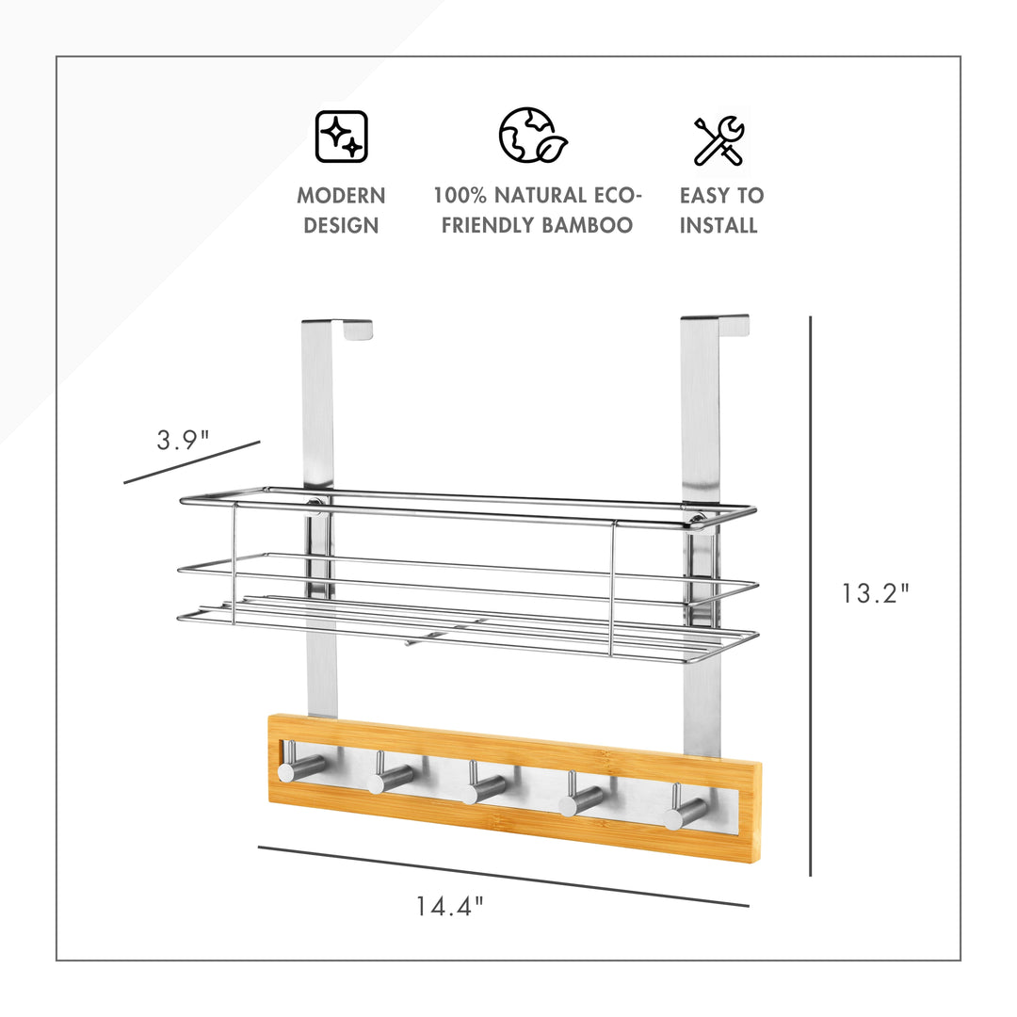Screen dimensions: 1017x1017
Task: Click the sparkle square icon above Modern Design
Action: pyautogui.click(x=341, y=137)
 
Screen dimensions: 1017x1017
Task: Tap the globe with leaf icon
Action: pyautogui.click(x=533, y=135)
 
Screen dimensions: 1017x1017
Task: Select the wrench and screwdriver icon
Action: pyautogui.click(x=719, y=140)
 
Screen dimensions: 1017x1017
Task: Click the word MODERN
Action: pyautogui.click(x=341, y=195)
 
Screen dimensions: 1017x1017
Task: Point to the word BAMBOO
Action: pyautogui.click(x=587, y=225)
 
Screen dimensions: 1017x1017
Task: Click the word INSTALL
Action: pyautogui.click(x=718, y=225)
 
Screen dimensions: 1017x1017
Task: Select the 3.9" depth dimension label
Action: pyautogui.click(x=183, y=440)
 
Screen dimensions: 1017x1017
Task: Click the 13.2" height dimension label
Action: pyautogui.click(x=876, y=593)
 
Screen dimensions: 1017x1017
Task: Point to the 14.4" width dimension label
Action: pyautogui.click(x=449, y=906)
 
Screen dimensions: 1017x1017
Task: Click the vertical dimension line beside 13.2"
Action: pyautogui.click(x=811, y=596)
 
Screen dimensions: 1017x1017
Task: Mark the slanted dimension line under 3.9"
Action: pyautogui.click(x=192, y=462)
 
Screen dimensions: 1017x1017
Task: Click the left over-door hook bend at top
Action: pyautogui.click(x=337, y=329)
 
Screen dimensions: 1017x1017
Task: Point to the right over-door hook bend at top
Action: pyautogui.click(x=715, y=324)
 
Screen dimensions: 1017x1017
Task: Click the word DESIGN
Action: pyautogui.click(x=341, y=225)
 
